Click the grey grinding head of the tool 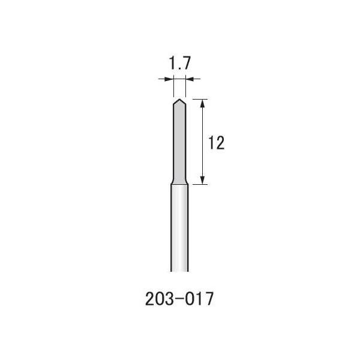pos(179,144)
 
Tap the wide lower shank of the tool pos(179,228)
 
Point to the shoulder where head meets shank pos(179,184)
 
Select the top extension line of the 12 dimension pos(201,99)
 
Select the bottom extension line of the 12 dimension pos(201,185)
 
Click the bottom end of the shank pos(179,271)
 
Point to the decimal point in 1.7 pos(179,70)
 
